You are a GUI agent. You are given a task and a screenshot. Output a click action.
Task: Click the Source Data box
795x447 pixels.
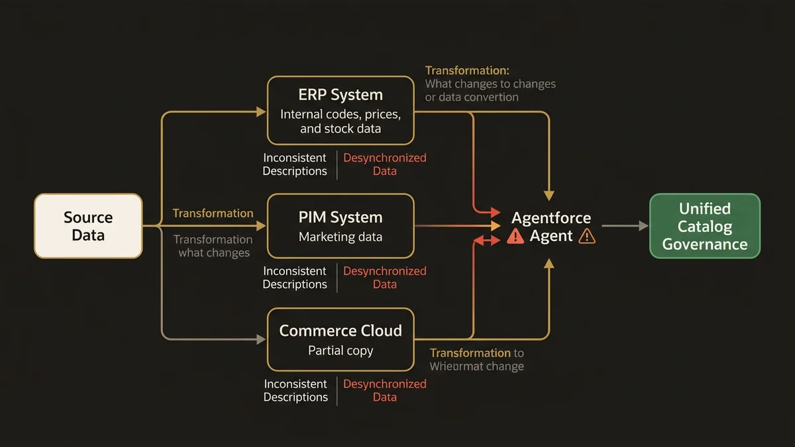tap(88, 226)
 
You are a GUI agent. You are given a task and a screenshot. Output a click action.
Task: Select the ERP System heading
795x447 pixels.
tap(341, 95)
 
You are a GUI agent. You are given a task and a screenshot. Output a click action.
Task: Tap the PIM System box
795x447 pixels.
tap(341, 226)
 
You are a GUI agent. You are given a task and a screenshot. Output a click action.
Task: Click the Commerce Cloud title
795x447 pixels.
tap(341, 330)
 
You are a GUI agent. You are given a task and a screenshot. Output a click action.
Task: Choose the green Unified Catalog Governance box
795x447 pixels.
tap(705, 226)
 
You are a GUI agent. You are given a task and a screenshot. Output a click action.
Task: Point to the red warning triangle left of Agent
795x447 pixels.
tap(515, 236)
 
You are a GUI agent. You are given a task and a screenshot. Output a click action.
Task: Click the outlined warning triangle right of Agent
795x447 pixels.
tap(587, 236)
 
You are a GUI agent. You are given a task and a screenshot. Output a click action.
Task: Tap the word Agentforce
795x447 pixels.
tap(551, 218)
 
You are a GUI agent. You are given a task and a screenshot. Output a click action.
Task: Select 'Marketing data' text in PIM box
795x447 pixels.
tap(341, 237)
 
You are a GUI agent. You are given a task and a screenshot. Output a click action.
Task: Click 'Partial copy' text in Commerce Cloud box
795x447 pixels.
tap(341, 351)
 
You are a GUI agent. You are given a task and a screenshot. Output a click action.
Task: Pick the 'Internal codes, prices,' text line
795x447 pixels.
tap(341, 114)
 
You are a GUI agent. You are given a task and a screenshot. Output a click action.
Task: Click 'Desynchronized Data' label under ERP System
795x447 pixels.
tap(385, 164)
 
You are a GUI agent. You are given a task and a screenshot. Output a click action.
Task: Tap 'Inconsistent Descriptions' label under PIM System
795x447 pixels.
tap(295, 277)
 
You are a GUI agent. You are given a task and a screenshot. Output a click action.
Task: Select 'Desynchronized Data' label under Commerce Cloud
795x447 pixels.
tap(385, 391)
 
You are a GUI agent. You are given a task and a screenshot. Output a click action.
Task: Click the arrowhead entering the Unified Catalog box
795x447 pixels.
tap(643, 226)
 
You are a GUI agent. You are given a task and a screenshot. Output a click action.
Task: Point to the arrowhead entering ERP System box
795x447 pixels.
tap(262, 113)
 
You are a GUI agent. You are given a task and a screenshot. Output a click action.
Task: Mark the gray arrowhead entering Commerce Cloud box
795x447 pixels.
tap(262, 339)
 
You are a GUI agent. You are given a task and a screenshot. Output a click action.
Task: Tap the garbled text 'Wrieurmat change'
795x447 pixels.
tap(476, 366)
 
